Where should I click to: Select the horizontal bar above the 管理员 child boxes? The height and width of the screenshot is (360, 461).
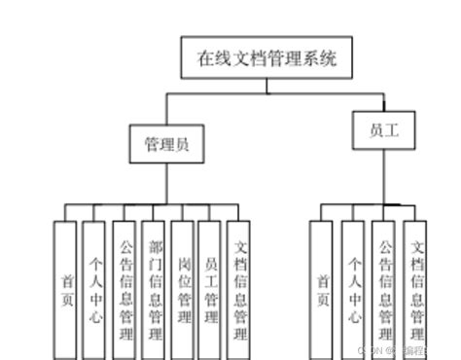(152, 203)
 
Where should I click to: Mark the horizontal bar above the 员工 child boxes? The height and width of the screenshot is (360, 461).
(369, 203)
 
